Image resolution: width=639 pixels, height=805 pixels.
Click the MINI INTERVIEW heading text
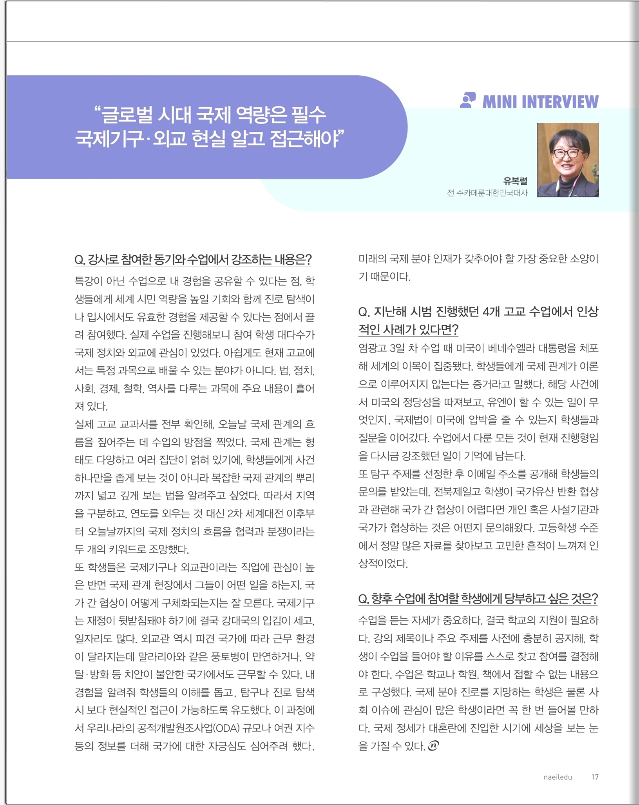(540, 102)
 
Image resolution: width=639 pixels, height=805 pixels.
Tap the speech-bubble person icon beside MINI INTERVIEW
(468, 100)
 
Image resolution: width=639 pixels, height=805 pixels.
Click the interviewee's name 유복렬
(515, 181)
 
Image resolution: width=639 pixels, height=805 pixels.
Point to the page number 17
(595, 777)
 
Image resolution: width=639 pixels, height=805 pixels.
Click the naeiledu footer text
(558, 777)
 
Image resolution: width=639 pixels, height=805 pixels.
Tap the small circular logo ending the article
(433, 745)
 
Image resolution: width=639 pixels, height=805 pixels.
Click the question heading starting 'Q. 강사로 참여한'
(193, 260)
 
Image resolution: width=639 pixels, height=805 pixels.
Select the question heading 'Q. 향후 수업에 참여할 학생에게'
(478, 599)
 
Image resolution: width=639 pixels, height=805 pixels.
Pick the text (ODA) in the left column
(226, 728)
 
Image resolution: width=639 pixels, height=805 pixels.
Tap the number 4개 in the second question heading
(491, 312)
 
